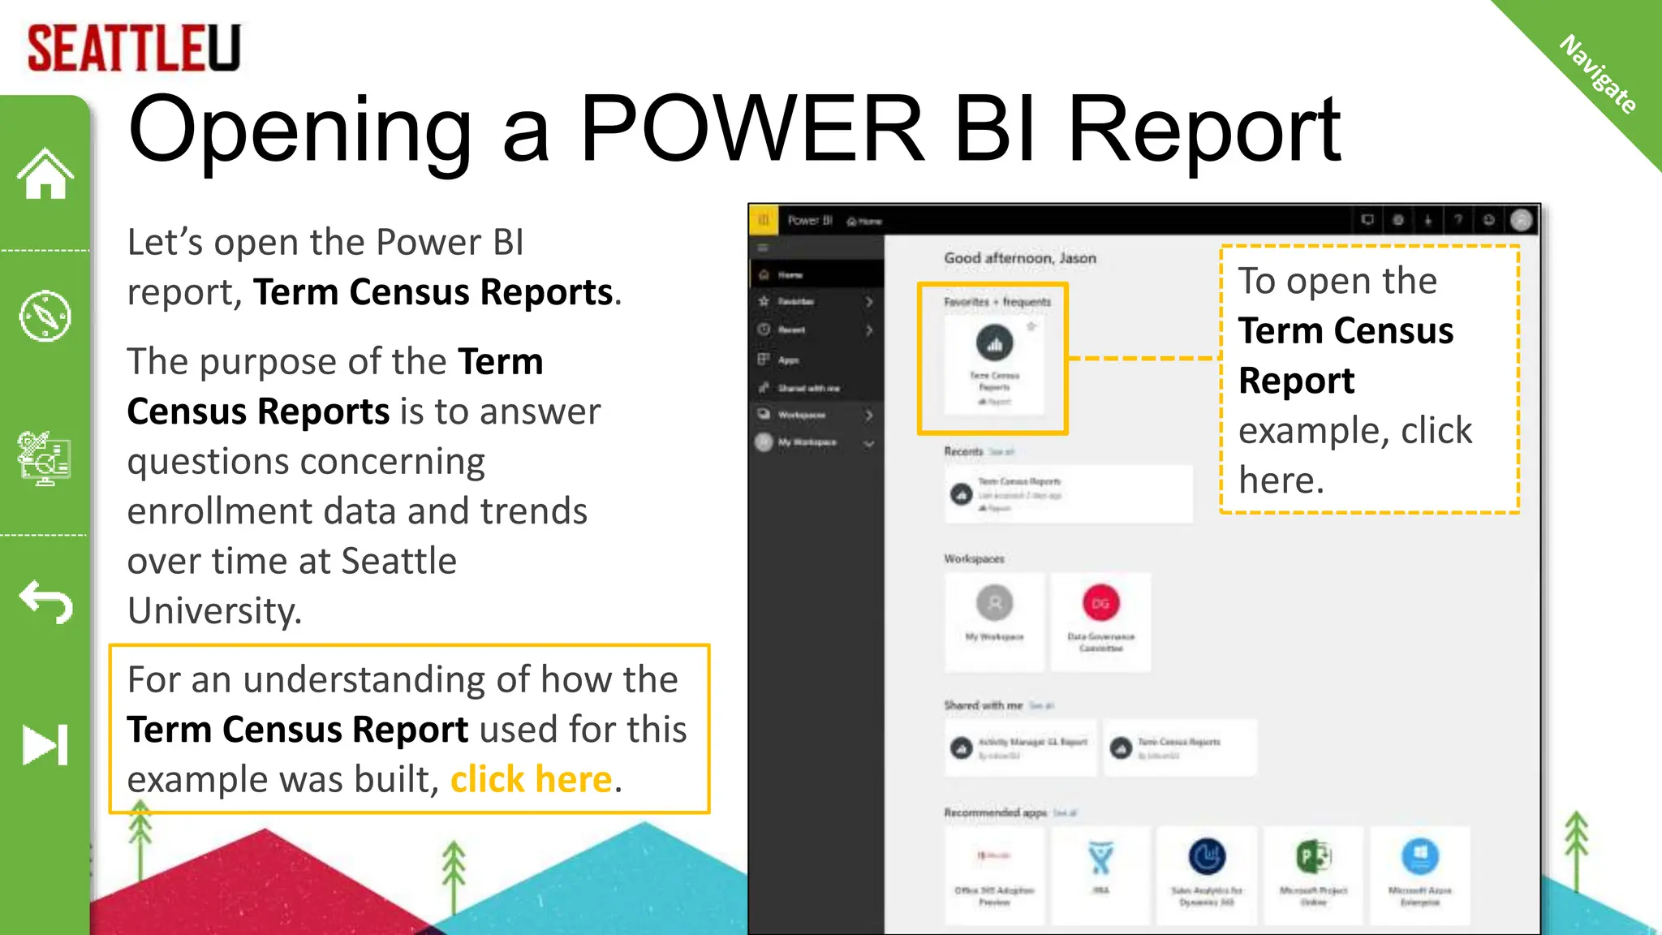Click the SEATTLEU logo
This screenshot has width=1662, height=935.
[x=134, y=48]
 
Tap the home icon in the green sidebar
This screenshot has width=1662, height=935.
[x=45, y=174]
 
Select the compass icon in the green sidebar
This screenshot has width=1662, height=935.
[x=45, y=316]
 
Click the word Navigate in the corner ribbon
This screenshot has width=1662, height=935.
[x=1598, y=74]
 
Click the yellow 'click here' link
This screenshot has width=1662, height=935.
[x=531, y=779]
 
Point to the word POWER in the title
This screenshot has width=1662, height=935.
[x=751, y=130]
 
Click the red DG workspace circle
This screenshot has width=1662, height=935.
[x=1100, y=603]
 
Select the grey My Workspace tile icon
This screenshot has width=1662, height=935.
[x=994, y=603]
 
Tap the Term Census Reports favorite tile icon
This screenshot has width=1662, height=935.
[x=994, y=343]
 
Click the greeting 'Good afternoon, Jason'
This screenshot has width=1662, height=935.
[x=1020, y=258]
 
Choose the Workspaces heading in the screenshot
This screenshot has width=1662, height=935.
[x=974, y=558]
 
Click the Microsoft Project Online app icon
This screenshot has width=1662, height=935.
[x=1314, y=857]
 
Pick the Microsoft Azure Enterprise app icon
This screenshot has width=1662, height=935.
[x=1419, y=857]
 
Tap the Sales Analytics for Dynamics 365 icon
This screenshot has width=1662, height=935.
[x=1207, y=857]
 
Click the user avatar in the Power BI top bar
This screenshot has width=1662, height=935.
[x=1522, y=220]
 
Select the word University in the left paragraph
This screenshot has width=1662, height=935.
[x=214, y=610]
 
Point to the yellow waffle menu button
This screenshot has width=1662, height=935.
[x=763, y=220]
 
